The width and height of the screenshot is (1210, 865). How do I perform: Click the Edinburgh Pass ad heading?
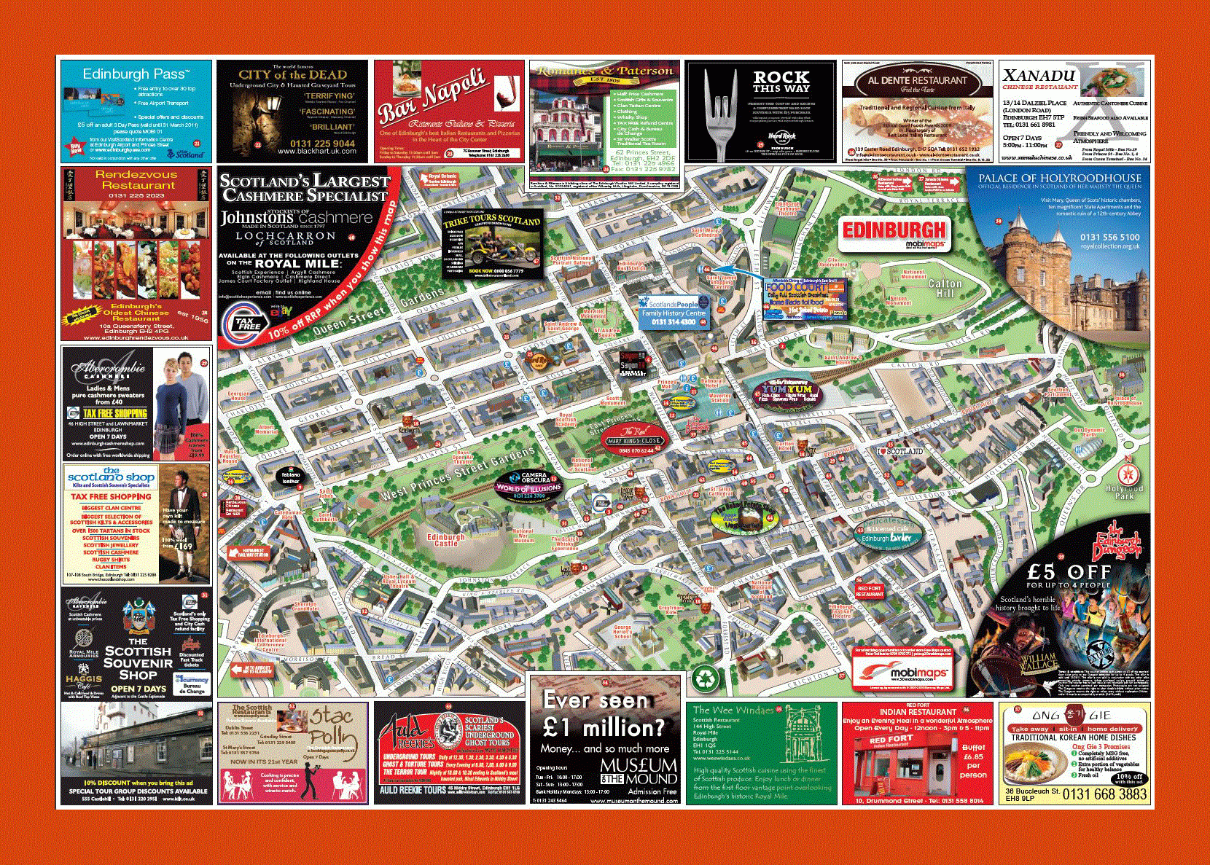(x=136, y=74)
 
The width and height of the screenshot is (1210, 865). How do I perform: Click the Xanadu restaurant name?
(x=1039, y=76)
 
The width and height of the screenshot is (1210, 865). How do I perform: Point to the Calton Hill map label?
(x=945, y=288)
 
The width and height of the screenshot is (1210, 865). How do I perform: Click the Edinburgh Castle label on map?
(x=446, y=540)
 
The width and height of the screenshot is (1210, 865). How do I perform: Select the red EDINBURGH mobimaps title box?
(x=894, y=233)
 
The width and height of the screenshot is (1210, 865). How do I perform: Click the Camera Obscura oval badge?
(x=529, y=485)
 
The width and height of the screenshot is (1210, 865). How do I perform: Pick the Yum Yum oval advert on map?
(x=786, y=394)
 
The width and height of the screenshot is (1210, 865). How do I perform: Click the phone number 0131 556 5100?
(x=1109, y=238)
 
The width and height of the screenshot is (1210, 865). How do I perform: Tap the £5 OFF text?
(x=1069, y=572)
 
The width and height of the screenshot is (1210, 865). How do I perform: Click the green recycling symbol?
(x=705, y=679)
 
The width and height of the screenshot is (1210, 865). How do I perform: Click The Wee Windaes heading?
(x=733, y=710)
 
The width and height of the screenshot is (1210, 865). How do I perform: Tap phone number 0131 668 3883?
(x=1104, y=794)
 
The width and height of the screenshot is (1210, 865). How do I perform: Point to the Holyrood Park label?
(x=1124, y=492)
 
